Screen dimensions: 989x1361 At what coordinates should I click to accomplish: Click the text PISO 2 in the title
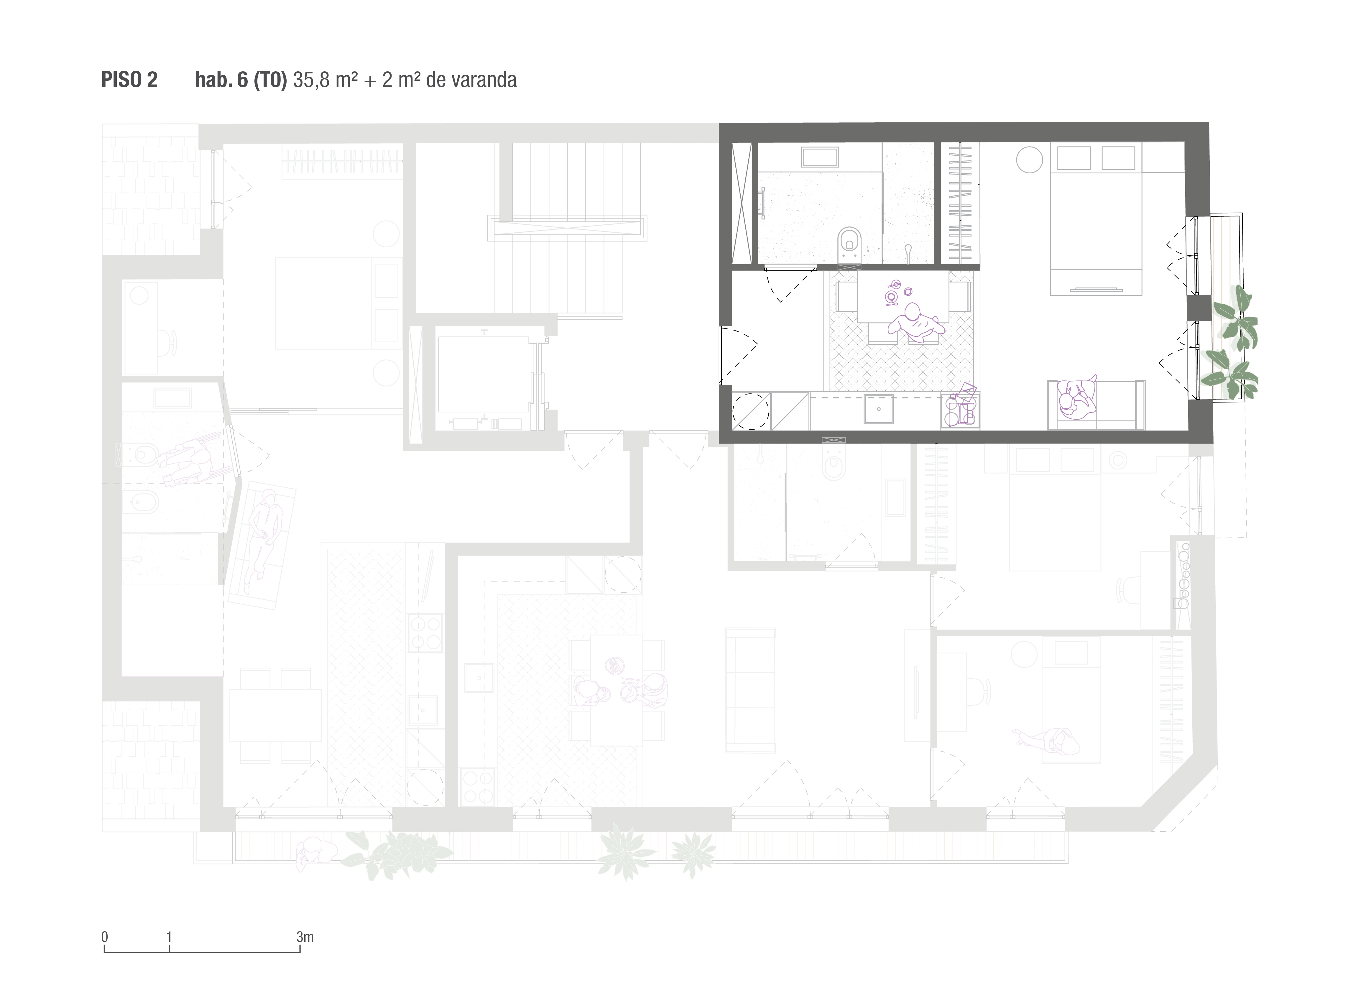click(x=129, y=80)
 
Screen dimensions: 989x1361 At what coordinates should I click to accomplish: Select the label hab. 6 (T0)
click(x=241, y=80)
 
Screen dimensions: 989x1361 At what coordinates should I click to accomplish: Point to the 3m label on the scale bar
click(x=305, y=937)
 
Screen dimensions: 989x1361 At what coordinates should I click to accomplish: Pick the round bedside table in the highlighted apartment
click(x=1029, y=160)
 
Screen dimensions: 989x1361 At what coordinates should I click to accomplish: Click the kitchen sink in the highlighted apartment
click(x=879, y=409)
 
